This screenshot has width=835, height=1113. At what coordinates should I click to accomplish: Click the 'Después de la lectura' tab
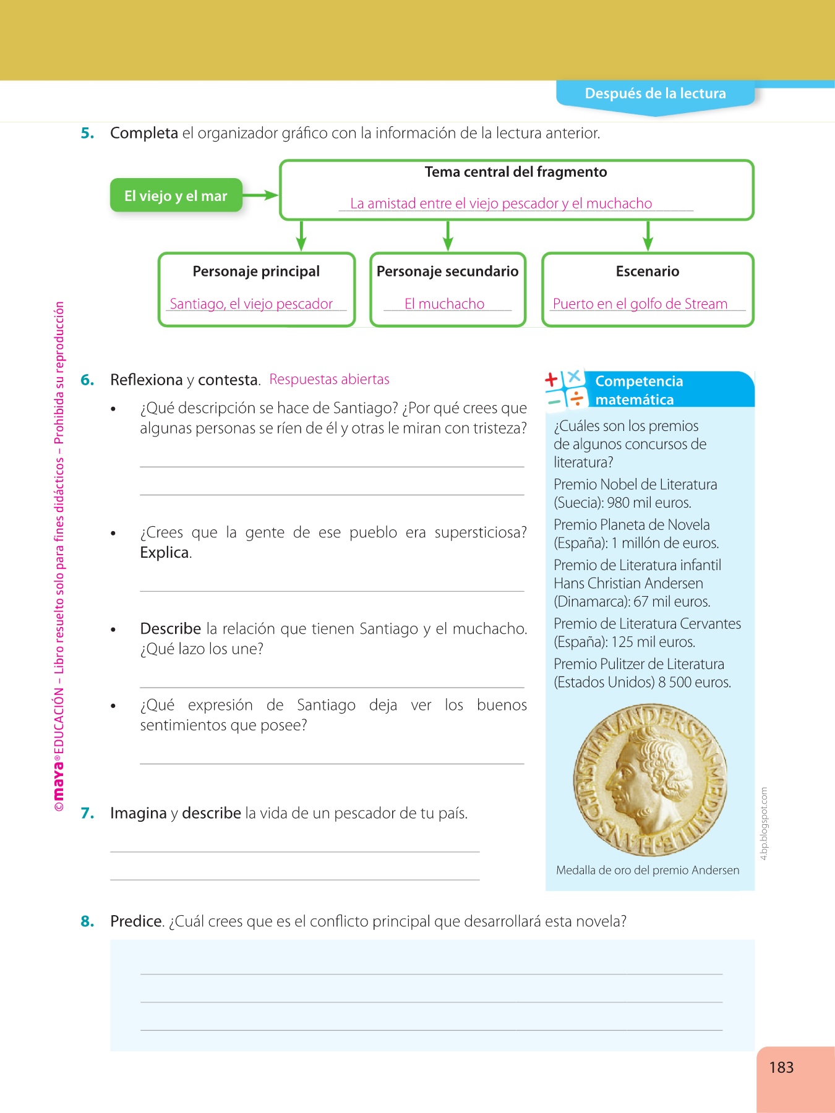pyautogui.click(x=655, y=94)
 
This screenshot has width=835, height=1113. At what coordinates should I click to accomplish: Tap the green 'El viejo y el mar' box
pyautogui.click(x=176, y=196)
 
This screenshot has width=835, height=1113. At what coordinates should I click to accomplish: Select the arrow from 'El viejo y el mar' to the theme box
pyautogui.click(x=260, y=195)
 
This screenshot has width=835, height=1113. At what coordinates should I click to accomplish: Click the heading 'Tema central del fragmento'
pyautogui.click(x=516, y=172)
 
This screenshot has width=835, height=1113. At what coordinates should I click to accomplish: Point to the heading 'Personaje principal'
pyautogui.click(x=256, y=271)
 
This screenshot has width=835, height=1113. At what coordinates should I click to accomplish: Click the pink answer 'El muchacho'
pyautogui.click(x=444, y=304)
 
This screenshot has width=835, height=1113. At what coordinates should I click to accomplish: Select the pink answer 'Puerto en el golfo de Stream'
pyautogui.click(x=640, y=304)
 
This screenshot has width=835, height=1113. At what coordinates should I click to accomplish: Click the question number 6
pyautogui.click(x=87, y=380)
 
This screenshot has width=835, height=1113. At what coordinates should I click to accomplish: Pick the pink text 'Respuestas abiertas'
pyautogui.click(x=329, y=379)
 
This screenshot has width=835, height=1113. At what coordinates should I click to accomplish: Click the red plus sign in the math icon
pyautogui.click(x=552, y=379)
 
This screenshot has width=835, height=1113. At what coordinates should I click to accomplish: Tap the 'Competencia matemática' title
pyautogui.click(x=639, y=390)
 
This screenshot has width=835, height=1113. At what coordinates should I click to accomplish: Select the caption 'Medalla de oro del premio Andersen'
pyautogui.click(x=648, y=870)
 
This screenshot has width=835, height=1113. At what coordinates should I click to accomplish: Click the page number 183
pyautogui.click(x=781, y=1067)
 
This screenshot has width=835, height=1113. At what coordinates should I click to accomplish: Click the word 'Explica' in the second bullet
pyautogui.click(x=165, y=553)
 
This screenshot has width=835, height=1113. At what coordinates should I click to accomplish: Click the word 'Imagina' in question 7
pyautogui.click(x=138, y=813)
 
